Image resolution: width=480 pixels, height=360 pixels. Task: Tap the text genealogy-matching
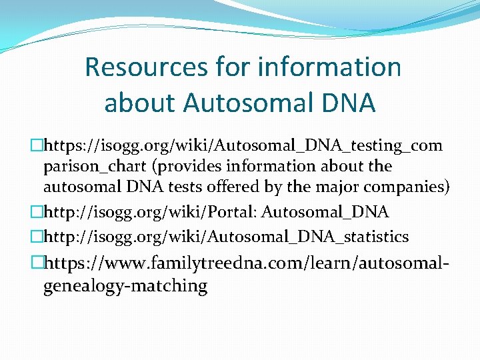click(125, 286)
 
